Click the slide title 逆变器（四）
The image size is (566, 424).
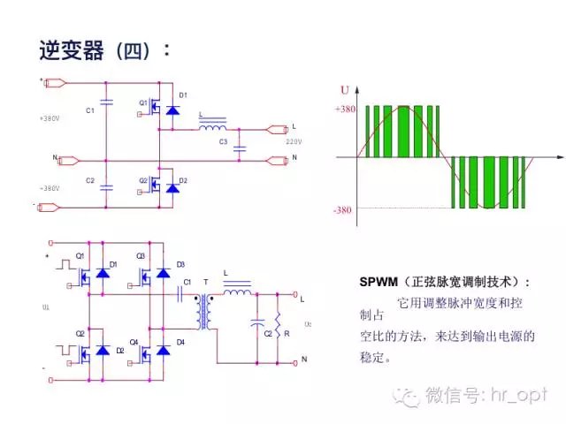[104, 49]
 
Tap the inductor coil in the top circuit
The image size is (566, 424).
[211, 128]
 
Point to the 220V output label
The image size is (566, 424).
[294, 141]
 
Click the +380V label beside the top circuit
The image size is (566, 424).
[50, 117]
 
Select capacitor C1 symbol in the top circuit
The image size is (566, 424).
[107, 102]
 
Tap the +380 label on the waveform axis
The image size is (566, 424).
[344, 110]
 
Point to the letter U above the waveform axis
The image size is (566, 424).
[345, 89]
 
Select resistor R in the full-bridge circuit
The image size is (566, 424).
[278, 329]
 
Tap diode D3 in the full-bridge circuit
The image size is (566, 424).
[163, 272]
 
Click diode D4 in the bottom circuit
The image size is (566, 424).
[163, 349]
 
